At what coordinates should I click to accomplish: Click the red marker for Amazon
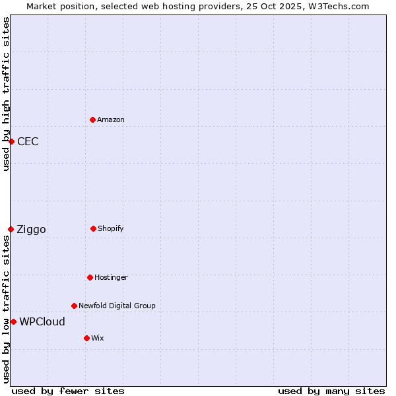point(92,119)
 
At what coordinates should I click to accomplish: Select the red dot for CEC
point(11,141)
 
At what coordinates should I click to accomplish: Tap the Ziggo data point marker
point(11,229)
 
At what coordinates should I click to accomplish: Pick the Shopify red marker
point(93,228)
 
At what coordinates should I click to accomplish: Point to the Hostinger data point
point(90,277)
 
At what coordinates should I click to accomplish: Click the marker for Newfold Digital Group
point(74,306)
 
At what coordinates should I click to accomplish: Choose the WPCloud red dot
point(13,321)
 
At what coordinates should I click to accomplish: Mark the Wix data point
point(86,338)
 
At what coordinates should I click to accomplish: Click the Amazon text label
point(111,119)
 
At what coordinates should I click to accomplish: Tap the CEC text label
point(28,141)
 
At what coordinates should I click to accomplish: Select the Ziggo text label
point(31,229)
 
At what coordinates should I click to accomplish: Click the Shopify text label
point(111,228)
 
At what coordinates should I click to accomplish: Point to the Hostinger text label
point(111,277)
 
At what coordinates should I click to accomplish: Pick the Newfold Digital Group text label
point(117,306)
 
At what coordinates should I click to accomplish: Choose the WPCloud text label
point(42,321)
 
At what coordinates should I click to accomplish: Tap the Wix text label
point(98,338)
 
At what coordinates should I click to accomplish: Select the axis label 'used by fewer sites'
point(68,391)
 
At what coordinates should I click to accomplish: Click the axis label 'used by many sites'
point(331,391)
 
